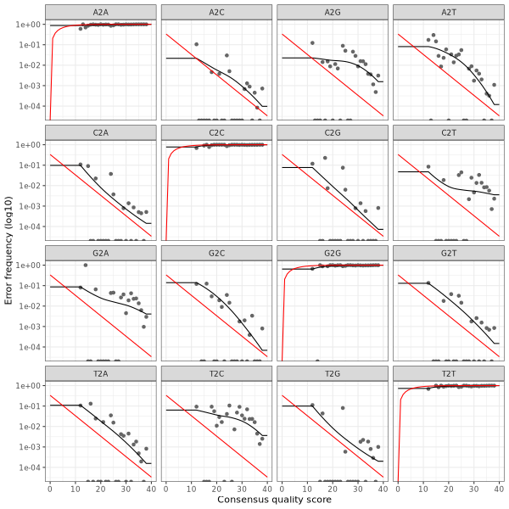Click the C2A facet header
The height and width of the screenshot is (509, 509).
tap(100, 132)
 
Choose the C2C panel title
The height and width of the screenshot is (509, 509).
tap(215, 132)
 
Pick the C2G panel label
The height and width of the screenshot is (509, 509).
tap(331, 132)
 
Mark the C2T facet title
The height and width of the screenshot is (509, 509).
tap(446, 132)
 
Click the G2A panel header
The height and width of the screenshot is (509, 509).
tap(100, 253)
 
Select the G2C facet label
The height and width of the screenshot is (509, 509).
tap(215, 253)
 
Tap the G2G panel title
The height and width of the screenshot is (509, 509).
tap(331, 253)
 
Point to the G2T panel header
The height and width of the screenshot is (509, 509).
tap(446, 253)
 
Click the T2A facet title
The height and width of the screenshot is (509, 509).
tap(100, 373)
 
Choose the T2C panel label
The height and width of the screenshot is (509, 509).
tap(215, 373)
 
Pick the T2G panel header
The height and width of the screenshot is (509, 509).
tap(331, 373)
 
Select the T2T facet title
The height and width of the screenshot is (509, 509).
tap(446, 373)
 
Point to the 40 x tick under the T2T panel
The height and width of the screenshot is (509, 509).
tap(497, 488)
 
